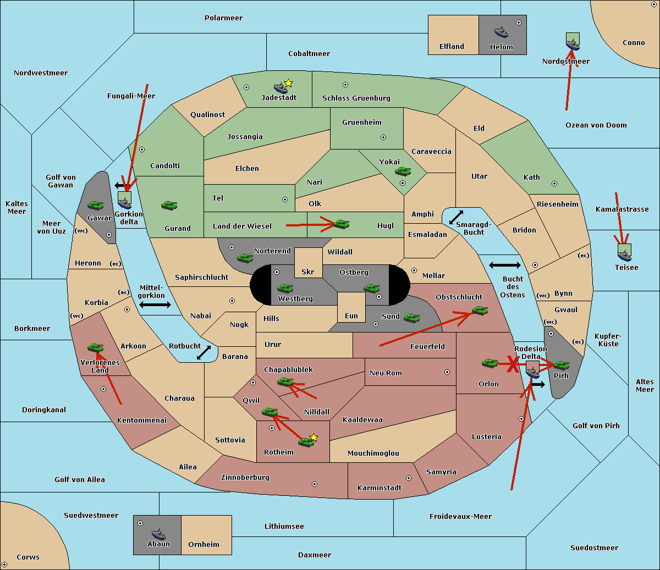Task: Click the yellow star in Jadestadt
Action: click(288, 84)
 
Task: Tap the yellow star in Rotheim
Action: click(314, 437)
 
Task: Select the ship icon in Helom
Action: click(501, 32)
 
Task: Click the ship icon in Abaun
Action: click(158, 534)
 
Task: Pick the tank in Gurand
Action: click(169, 205)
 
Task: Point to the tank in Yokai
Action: click(403, 171)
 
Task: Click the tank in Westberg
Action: click(285, 289)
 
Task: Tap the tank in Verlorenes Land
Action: click(96, 347)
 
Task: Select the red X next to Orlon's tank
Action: click(513, 364)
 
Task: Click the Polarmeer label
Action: click(223, 18)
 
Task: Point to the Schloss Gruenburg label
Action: click(356, 98)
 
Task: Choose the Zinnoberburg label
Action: click(245, 477)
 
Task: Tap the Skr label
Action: click(308, 272)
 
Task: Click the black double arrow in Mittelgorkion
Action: click(155, 305)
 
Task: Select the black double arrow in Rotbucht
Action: click(204, 352)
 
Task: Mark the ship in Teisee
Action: click(625, 253)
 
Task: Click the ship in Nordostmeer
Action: click(573, 42)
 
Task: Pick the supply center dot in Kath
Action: click(554, 184)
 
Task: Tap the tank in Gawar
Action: click(96, 206)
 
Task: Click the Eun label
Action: click(351, 316)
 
